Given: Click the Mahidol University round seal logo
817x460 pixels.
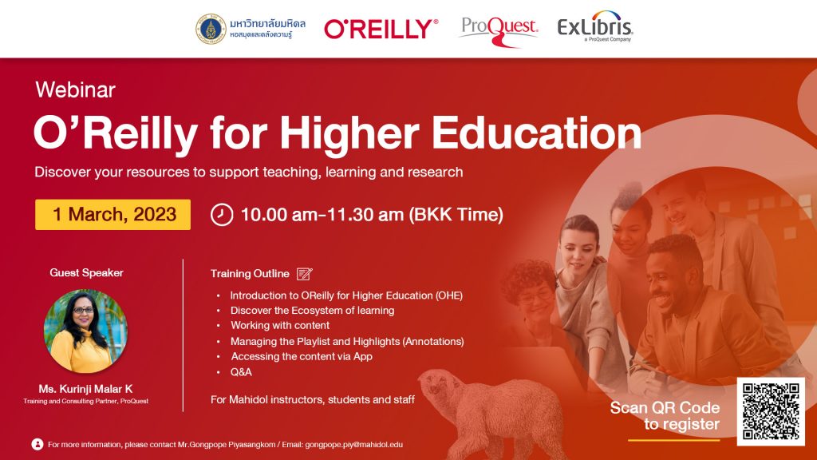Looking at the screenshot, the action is coord(211,29).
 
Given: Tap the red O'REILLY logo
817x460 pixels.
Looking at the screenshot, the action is coord(381,29).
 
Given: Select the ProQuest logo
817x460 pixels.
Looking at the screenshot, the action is coord(499,31).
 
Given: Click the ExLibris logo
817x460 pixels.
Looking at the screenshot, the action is coord(595,26).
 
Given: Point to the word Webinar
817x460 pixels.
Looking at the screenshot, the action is coord(76,89).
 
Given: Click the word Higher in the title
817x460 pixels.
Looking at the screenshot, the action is coord(349,133).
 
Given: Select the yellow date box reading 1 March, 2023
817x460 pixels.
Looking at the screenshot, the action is coord(112,214).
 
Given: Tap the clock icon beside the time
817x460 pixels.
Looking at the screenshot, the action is coord(222,215).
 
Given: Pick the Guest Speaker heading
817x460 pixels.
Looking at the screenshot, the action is coord(86,273).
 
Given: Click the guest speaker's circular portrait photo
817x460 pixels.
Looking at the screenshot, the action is coord(85,331).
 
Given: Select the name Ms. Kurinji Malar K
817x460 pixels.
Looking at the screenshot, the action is coord(85,389).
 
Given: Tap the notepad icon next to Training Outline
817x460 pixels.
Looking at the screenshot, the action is coord(304,274).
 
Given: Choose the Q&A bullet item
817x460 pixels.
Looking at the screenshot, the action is coord(241,372).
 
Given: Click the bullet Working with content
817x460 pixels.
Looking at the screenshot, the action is coord(280,326).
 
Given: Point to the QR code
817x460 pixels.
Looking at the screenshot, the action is coord(771,411).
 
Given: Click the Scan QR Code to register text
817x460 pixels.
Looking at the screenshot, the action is coord(665,415).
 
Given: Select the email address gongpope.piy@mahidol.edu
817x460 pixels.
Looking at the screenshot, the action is coord(353,445).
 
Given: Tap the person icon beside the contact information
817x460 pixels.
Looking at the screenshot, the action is coord(37,444).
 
